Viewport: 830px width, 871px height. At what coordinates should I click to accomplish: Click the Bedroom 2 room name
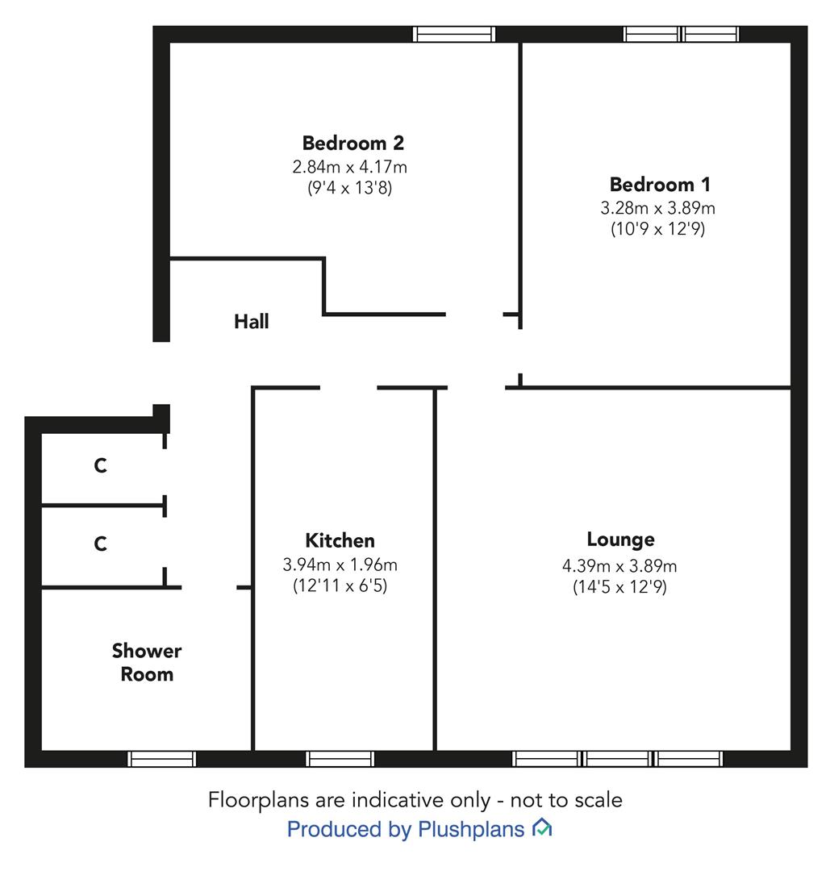[352, 143]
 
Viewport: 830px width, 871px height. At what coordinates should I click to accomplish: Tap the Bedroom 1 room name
[660, 184]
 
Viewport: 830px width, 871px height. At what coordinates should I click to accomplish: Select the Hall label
[251, 321]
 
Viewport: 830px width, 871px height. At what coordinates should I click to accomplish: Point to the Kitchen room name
[340, 540]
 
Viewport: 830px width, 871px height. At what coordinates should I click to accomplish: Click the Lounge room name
[620, 540]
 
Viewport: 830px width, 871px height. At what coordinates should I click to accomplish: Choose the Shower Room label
[147, 662]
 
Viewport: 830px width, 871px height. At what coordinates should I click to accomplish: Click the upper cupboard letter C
[101, 465]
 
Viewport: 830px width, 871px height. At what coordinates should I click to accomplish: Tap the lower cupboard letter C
[101, 544]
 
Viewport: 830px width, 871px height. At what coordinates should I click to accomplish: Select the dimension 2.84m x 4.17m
[349, 167]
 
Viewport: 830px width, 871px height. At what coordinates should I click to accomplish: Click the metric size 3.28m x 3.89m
[657, 208]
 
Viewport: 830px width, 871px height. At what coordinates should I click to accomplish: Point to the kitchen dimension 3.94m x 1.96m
[340, 565]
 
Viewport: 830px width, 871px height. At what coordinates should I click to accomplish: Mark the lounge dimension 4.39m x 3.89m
[619, 566]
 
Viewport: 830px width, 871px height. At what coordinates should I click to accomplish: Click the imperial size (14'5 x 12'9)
[619, 587]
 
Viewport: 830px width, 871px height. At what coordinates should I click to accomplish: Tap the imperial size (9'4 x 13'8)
[349, 188]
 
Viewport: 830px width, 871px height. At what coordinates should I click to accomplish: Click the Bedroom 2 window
[454, 34]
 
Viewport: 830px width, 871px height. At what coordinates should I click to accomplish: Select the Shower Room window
[161, 759]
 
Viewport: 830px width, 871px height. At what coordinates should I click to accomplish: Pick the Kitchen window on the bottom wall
[340, 759]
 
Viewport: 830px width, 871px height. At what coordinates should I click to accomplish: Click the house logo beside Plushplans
[542, 827]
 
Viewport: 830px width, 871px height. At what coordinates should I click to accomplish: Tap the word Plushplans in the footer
[471, 829]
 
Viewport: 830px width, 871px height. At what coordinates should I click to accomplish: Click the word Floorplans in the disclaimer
[258, 801]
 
